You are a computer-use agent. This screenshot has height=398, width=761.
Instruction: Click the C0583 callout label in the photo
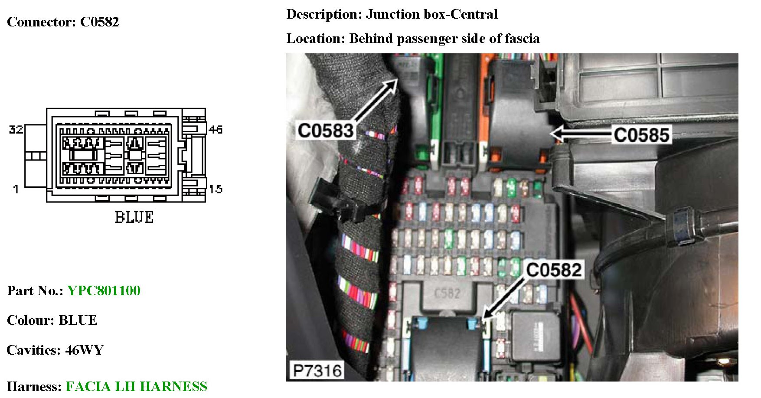click(x=326, y=130)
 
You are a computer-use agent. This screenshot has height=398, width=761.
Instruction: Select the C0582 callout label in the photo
click(x=554, y=270)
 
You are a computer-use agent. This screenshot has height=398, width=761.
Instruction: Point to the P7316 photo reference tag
click(x=317, y=371)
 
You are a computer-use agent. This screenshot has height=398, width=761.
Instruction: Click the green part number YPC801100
click(x=104, y=290)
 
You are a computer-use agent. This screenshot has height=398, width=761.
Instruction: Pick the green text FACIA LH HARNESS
click(x=136, y=386)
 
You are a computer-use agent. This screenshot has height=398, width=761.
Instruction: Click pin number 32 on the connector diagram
click(x=16, y=129)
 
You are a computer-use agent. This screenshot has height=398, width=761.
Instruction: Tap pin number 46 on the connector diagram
click(x=216, y=129)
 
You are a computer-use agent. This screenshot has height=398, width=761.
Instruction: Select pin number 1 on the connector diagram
click(x=16, y=189)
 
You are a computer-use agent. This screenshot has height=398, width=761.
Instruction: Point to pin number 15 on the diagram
click(x=216, y=189)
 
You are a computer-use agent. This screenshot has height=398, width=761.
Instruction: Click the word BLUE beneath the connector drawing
click(x=134, y=217)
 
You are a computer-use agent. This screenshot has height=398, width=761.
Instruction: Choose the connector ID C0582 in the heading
click(x=99, y=22)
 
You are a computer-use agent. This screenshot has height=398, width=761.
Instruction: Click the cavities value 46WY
click(x=84, y=350)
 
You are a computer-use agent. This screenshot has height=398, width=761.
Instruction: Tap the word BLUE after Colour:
click(x=78, y=320)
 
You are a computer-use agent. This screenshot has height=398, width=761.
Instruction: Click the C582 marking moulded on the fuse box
click(x=447, y=294)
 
